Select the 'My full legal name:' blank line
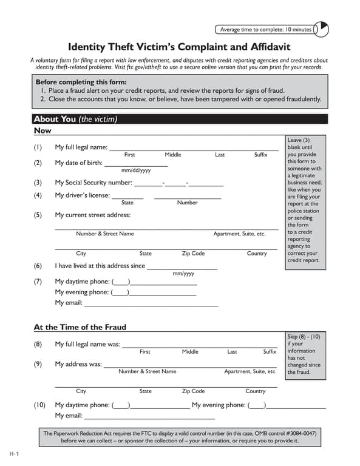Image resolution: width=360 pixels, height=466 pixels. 194,147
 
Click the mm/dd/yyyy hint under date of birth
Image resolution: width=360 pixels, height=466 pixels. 136,171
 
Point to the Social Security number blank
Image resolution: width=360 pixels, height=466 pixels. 178,183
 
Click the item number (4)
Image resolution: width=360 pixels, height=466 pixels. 38,195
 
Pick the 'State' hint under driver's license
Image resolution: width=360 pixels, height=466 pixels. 127,203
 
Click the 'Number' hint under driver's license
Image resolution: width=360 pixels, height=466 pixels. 187,203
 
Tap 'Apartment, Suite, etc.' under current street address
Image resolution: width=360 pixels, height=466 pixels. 239,234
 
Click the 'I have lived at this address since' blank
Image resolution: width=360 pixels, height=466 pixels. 182,266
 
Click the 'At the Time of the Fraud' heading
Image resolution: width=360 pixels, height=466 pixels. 80,327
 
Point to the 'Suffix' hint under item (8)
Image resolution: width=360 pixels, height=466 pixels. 270,352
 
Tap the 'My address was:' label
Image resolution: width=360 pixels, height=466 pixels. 78,364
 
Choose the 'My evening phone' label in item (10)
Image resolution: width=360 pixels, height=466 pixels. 219,405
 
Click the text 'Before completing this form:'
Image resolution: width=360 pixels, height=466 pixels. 81,82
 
